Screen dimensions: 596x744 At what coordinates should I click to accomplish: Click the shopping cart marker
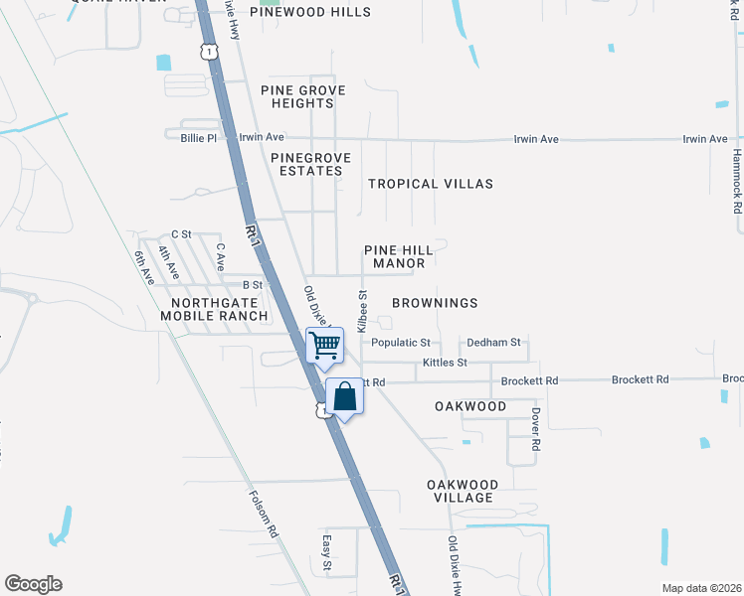pyautogui.click(x=325, y=345)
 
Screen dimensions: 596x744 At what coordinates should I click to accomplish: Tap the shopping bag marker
pyautogui.click(x=344, y=396)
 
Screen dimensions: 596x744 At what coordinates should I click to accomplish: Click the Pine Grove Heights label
pyautogui.click(x=303, y=96)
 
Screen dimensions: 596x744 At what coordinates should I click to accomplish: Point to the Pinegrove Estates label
pyautogui.click(x=306, y=164)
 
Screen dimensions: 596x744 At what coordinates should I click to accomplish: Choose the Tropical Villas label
pyautogui.click(x=430, y=184)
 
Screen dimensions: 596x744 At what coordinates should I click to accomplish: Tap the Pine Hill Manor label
pyautogui.click(x=399, y=256)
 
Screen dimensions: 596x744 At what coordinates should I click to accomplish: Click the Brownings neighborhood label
pyautogui.click(x=435, y=302)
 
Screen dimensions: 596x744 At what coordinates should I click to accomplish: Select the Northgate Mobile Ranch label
pyautogui.click(x=219, y=309)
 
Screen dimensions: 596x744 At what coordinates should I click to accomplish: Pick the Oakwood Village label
pyautogui.click(x=461, y=490)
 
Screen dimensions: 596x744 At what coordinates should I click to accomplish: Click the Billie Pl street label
pyautogui.click(x=198, y=138)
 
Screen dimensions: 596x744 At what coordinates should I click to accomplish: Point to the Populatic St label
pyautogui.click(x=400, y=343)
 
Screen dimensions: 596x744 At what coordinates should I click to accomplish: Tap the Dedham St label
pyautogui.click(x=493, y=343)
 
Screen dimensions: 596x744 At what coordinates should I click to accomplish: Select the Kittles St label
pyautogui.click(x=445, y=363)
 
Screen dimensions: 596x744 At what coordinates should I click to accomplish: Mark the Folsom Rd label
pyautogui.click(x=264, y=514)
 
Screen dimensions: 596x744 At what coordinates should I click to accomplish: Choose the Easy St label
pyautogui.click(x=326, y=553)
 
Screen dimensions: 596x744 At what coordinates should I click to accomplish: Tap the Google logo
pyautogui.click(x=33, y=584)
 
